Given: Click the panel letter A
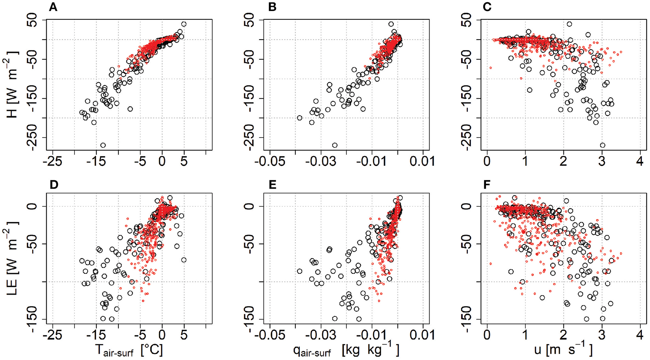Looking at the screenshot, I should coord(53,7).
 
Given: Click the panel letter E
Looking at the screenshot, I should coord(272,185).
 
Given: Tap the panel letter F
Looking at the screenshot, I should coord(487,185).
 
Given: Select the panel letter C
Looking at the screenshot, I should coord(487,7).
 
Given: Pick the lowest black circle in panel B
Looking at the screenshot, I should coord(335,145).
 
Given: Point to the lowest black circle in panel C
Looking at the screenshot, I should coord(602,145).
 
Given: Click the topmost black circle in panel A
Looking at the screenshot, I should coord(184,24).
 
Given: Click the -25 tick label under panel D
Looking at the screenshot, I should coord(53,336).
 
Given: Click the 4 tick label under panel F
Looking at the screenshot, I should coord(640,336).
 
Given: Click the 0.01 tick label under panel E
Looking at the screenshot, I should coord(423,336).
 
